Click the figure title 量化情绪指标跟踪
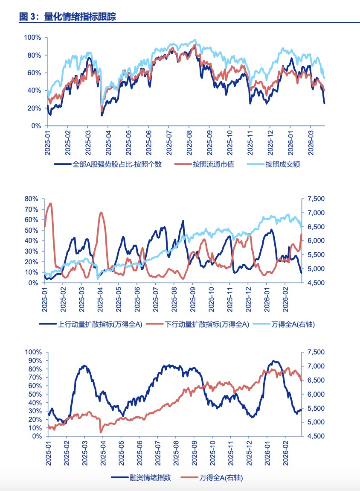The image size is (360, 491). (80, 17)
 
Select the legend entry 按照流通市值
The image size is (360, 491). (213, 164)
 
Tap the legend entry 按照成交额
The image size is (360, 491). (282, 164)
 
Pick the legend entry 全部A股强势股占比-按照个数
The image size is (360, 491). (117, 164)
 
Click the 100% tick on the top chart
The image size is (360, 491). (32, 38)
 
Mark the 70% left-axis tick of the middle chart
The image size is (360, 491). (32, 209)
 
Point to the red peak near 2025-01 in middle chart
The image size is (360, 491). (51, 203)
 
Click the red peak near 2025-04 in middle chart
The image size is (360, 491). (101, 212)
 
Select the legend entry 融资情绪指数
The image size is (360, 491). (150, 478)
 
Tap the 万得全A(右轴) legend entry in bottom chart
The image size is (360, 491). (224, 478)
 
